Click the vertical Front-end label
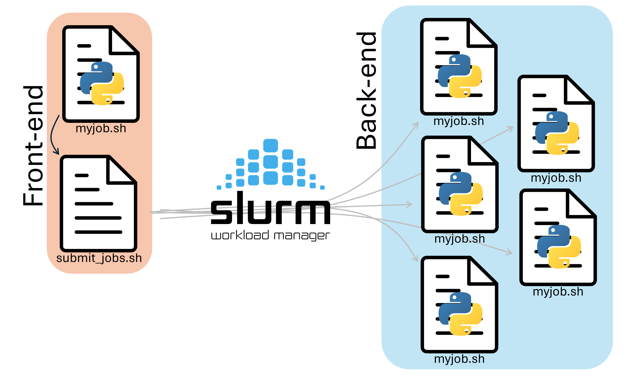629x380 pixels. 33,146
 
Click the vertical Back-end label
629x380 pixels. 366,91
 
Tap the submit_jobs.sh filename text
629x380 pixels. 99,258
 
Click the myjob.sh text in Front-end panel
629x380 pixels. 101,128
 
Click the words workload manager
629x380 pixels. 270,235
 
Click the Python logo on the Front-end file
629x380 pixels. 102,83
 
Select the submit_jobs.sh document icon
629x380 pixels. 98,204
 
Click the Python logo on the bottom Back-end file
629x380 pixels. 460,314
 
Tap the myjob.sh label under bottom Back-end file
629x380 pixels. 459,359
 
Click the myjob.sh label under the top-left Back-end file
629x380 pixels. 458,121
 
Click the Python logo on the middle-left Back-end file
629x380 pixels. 461,194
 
